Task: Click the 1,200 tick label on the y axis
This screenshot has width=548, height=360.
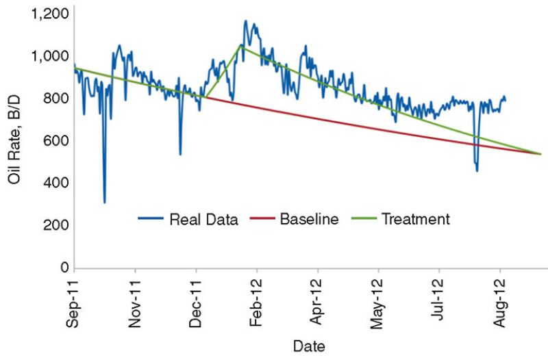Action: [49, 14]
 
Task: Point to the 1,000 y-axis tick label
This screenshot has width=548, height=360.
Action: [49, 56]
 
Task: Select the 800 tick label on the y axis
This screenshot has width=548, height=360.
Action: [55, 99]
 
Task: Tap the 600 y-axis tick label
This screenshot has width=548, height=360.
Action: [55, 141]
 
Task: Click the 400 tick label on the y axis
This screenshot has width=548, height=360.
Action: [55, 183]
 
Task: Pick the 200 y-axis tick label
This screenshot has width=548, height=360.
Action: [55, 225]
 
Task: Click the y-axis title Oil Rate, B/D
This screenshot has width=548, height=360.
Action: [16, 141]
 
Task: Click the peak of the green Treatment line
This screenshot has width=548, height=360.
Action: [240, 45]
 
